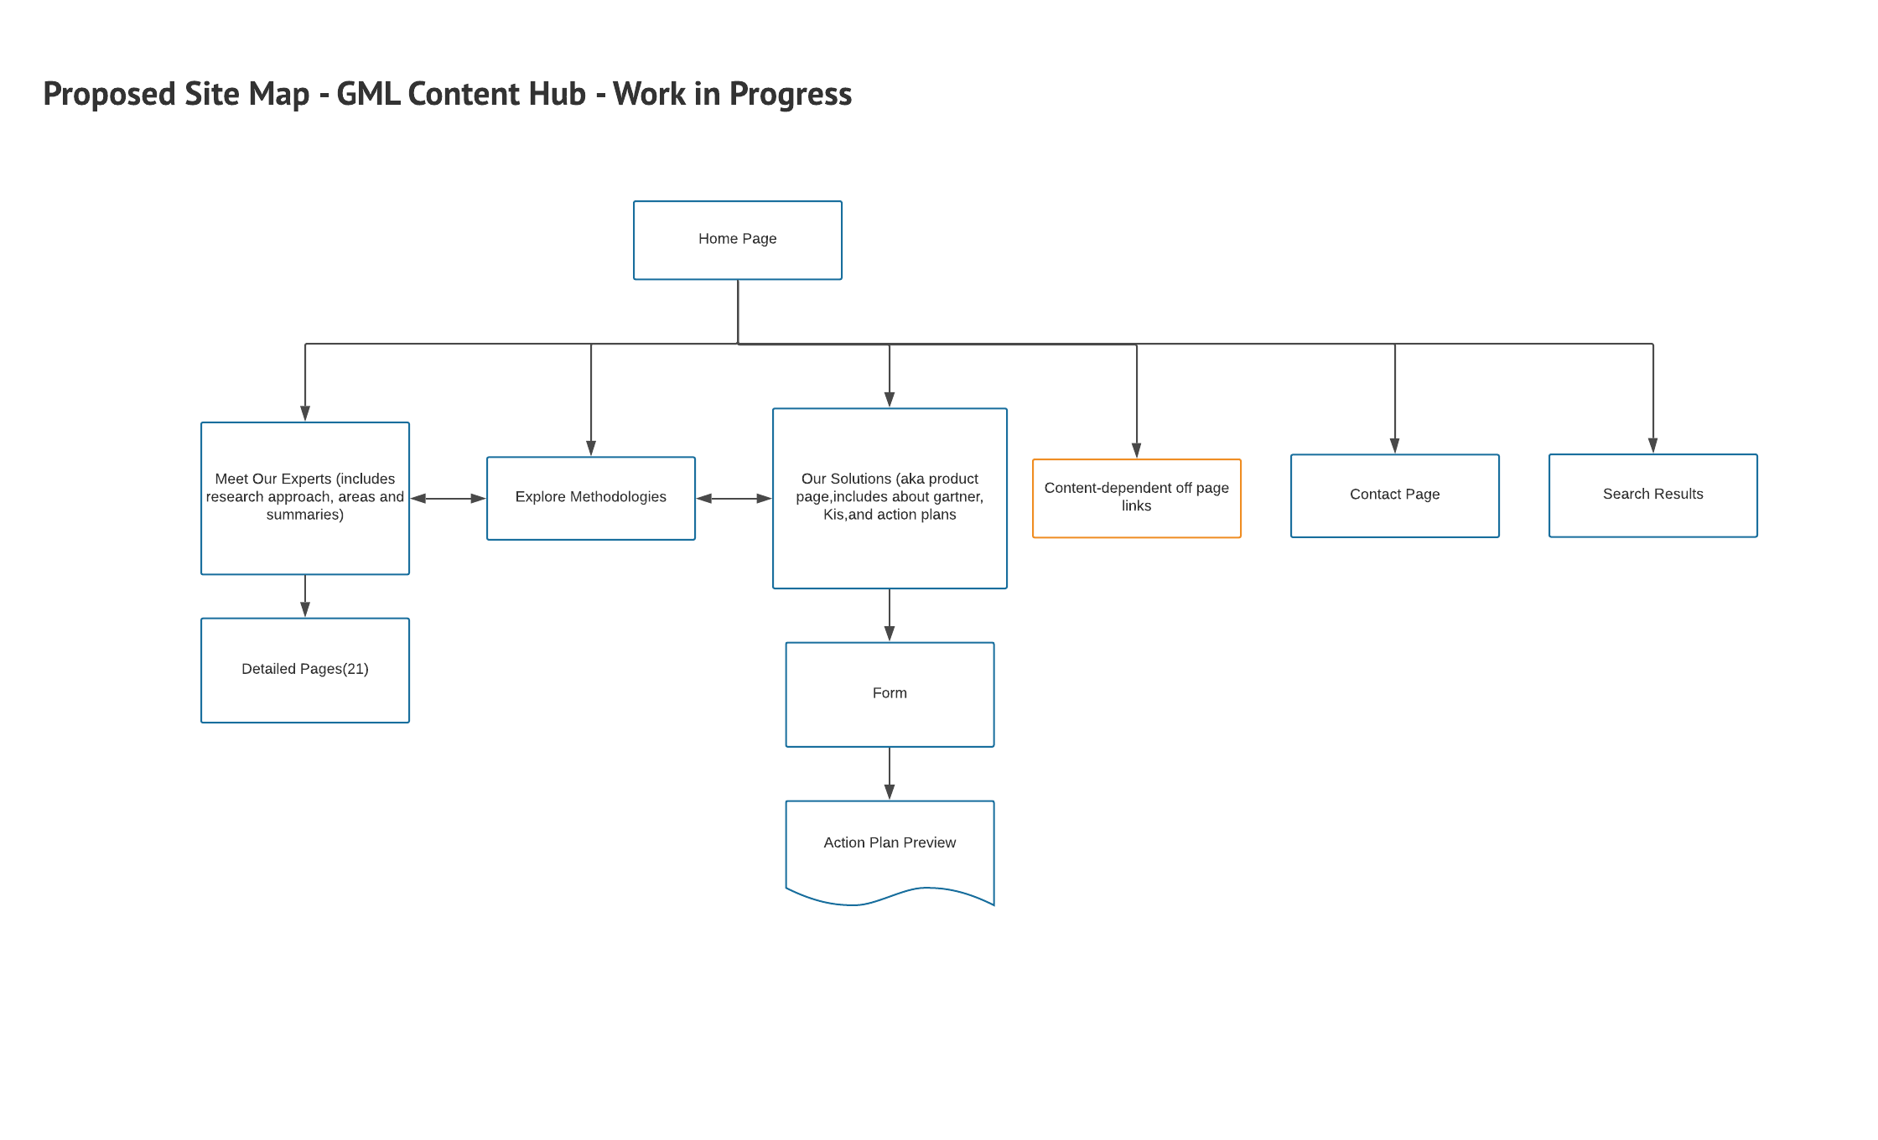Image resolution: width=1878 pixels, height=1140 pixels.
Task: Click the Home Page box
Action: click(737, 240)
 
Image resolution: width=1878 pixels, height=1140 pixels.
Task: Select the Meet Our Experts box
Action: click(304, 498)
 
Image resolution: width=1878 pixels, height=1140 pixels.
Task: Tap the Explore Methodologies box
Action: click(590, 498)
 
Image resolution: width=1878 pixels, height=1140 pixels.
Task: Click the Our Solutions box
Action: click(889, 498)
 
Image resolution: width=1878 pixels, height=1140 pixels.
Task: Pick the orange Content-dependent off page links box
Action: click(1136, 498)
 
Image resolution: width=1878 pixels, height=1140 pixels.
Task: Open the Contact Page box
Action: click(1394, 495)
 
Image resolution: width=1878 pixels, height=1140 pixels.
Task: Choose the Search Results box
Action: click(1652, 495)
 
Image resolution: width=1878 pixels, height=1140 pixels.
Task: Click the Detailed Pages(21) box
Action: click(304, 670)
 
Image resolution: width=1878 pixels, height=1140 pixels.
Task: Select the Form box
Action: click(889, 694)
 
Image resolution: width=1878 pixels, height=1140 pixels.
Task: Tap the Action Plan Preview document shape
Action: click(889, 847)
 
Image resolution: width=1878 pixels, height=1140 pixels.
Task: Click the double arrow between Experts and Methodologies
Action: click(448, 499)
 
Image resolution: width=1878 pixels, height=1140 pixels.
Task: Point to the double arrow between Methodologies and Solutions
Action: click(734, 499)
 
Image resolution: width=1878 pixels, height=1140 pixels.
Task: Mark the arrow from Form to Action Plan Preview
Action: click(890, 773)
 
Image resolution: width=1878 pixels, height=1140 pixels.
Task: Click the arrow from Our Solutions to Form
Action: click(890, 614)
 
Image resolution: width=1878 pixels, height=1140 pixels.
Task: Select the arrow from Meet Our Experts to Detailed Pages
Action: click(305, 596)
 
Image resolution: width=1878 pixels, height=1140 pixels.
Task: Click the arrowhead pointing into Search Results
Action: click(1652, 445)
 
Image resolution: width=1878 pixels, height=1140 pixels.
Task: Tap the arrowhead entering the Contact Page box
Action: click(1394, 445)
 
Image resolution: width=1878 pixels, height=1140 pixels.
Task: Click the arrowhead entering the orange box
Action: click(1136, 450)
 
